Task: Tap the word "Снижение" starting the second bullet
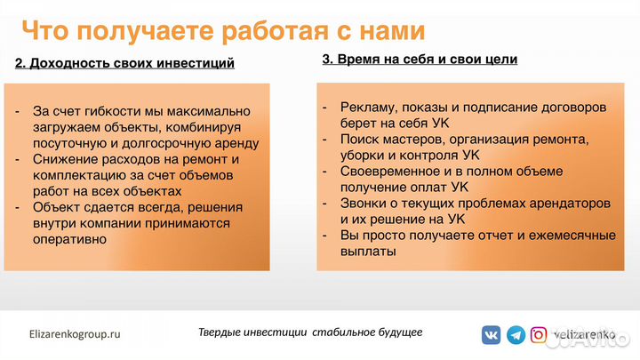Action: point(60,159)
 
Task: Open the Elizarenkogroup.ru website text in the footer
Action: point(75,334)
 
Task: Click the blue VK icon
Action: point(491,335)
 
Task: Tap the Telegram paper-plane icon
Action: point(516,335)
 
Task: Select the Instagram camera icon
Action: point(540,335)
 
